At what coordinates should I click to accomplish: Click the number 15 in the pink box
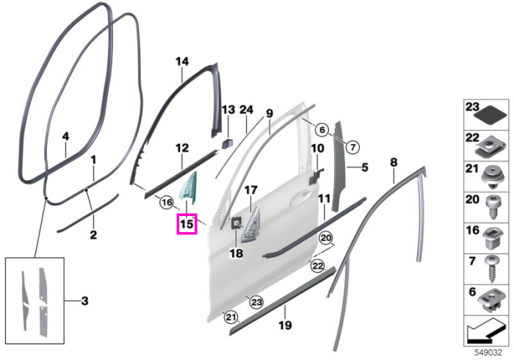coord(187,224)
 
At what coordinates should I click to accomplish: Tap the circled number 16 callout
coord(167,203)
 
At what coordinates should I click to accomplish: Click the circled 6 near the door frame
coord(322,130)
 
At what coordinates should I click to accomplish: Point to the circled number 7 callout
coord(352,148)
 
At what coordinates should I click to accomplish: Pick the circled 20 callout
coord(326,238)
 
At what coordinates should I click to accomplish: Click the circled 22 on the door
coord(317,266)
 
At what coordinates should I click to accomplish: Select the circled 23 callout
coord(256,302)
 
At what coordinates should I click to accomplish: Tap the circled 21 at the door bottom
coord(230,317)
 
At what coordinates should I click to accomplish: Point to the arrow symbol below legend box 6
coord(486,332)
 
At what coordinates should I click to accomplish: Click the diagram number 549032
coord(488,353)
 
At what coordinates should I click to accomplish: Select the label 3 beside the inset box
coord(84,300)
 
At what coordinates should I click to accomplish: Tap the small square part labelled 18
coord(236,223)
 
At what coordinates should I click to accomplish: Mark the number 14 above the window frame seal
coord(182,62)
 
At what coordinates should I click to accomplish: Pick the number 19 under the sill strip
coord(285,325)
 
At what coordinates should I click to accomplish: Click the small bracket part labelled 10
coord(316,176)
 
